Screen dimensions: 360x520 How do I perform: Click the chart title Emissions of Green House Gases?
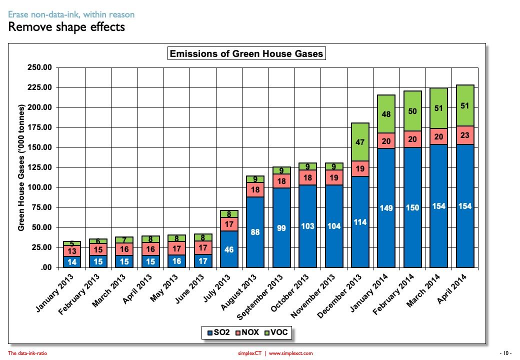246,53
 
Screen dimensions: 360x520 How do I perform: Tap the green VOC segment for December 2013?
360,142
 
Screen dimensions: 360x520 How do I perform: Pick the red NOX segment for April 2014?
464,135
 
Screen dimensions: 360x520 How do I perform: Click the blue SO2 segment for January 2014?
386,207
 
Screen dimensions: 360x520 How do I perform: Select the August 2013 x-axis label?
242,289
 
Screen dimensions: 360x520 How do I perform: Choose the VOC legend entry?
277,331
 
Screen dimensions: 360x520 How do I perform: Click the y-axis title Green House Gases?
21,167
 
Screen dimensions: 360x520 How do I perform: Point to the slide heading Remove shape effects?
66,27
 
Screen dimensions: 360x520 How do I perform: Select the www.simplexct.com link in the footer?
290,353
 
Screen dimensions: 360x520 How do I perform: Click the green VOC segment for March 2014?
438,108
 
